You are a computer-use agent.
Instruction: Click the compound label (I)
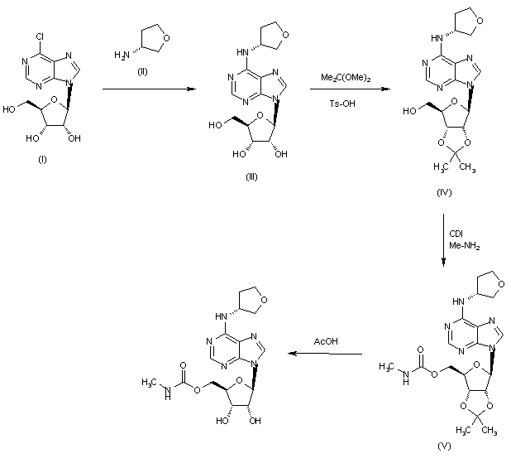tap(43, 158)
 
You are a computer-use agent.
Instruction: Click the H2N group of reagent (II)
tap(120, 55)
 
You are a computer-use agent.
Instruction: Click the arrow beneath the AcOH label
tap(323, 354)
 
